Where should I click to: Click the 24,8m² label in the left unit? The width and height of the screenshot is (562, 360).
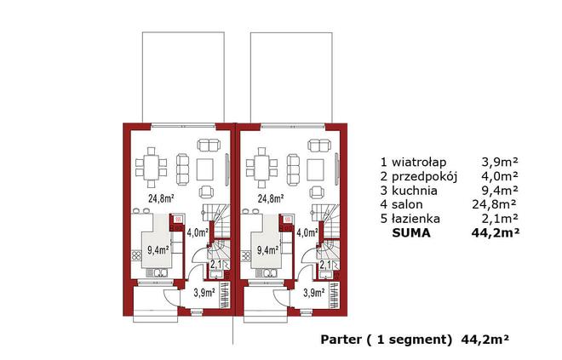point(161,199)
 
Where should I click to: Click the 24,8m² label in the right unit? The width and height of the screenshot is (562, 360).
point(270,199)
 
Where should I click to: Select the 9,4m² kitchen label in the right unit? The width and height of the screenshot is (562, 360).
point(269,249)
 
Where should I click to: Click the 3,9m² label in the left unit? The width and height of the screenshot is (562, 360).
point(204,294)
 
